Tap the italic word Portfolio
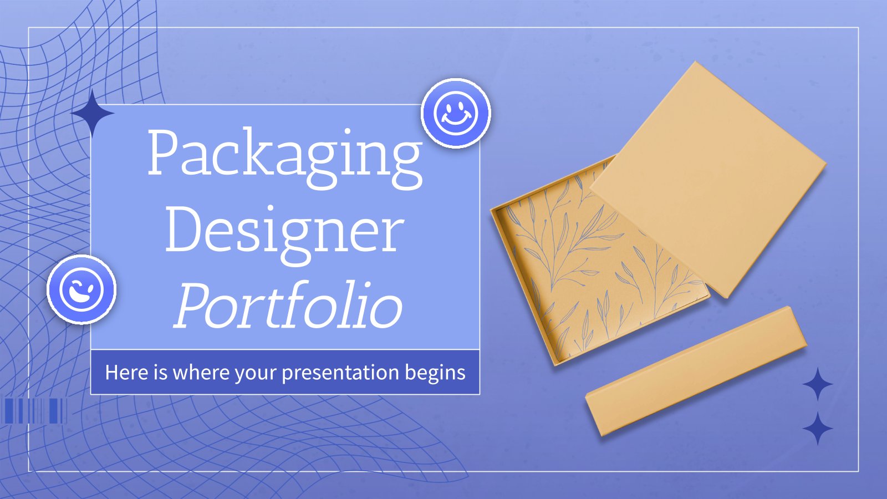pyautogui.click(x=288, y=305)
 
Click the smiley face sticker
pyautogui.click(x=456, y=113)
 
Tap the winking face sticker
pyautogui.click(x=81, y=289)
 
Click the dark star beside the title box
pyautogui.click(x=93, y=113)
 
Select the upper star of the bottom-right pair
pyautogui.click(x=818, y=384)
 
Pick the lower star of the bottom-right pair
pyautogui.click(x=818, y=428)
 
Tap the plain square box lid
pyautogui.click(x=708, y=180)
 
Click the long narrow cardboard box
pyautogui.click(x=696, y=371)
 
